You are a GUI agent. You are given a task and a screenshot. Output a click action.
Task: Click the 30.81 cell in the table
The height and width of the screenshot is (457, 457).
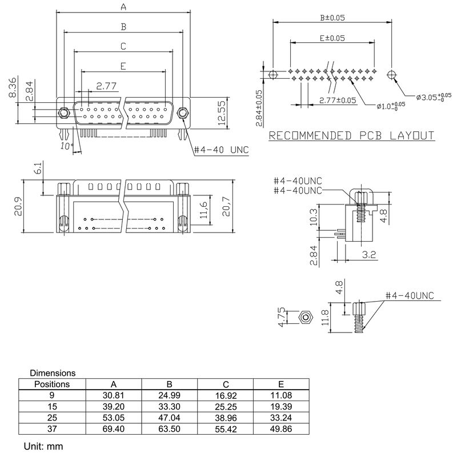(x=113, y=395)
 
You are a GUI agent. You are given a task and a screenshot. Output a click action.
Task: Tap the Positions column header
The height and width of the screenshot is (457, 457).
(x=52, y=384)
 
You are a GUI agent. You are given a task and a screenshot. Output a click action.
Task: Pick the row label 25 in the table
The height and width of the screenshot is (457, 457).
(x=52, y=418)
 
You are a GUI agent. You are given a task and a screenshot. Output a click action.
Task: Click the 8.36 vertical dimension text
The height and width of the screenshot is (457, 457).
(x=13, y=89)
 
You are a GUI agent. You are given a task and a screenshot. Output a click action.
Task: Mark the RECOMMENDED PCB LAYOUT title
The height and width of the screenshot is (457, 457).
(x=351, y=136)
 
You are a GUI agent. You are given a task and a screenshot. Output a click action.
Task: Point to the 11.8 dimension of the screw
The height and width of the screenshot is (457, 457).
(x=326, y=318)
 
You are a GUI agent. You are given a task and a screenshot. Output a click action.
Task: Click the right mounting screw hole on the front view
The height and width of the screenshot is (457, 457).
(x=183, y=113)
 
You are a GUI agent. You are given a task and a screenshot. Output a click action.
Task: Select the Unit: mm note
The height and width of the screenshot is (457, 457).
(x=43, y=445)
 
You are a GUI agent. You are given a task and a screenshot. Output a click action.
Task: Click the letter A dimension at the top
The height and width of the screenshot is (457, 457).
(x=123, y=7)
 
